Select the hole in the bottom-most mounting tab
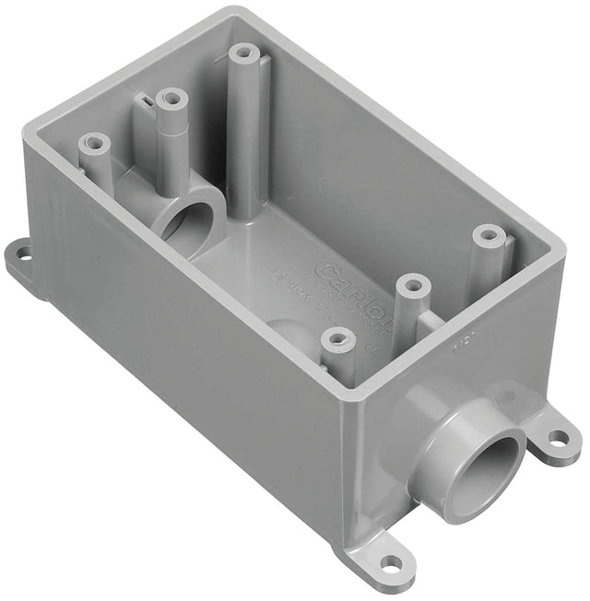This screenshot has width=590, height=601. (x=392, y=562)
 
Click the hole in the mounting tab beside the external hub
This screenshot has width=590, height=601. (x=560, y=437)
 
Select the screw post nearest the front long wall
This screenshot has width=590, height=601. (x=338, y=343)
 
